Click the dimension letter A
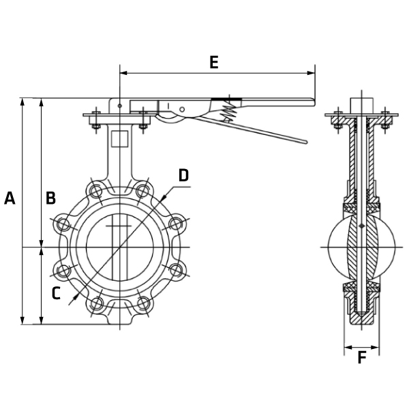[10, 198]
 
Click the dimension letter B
[50, 198]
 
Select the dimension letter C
[57, 293]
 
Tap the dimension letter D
[183, 175]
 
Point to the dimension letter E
[213, 63]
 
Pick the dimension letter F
[361, 357]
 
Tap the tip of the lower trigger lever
[304, 142]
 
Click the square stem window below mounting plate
[120, 138]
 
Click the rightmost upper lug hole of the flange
[176, 223]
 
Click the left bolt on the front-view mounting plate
[95, 123]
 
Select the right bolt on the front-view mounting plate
[143, 123]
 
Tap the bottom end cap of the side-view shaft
[361, 318]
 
